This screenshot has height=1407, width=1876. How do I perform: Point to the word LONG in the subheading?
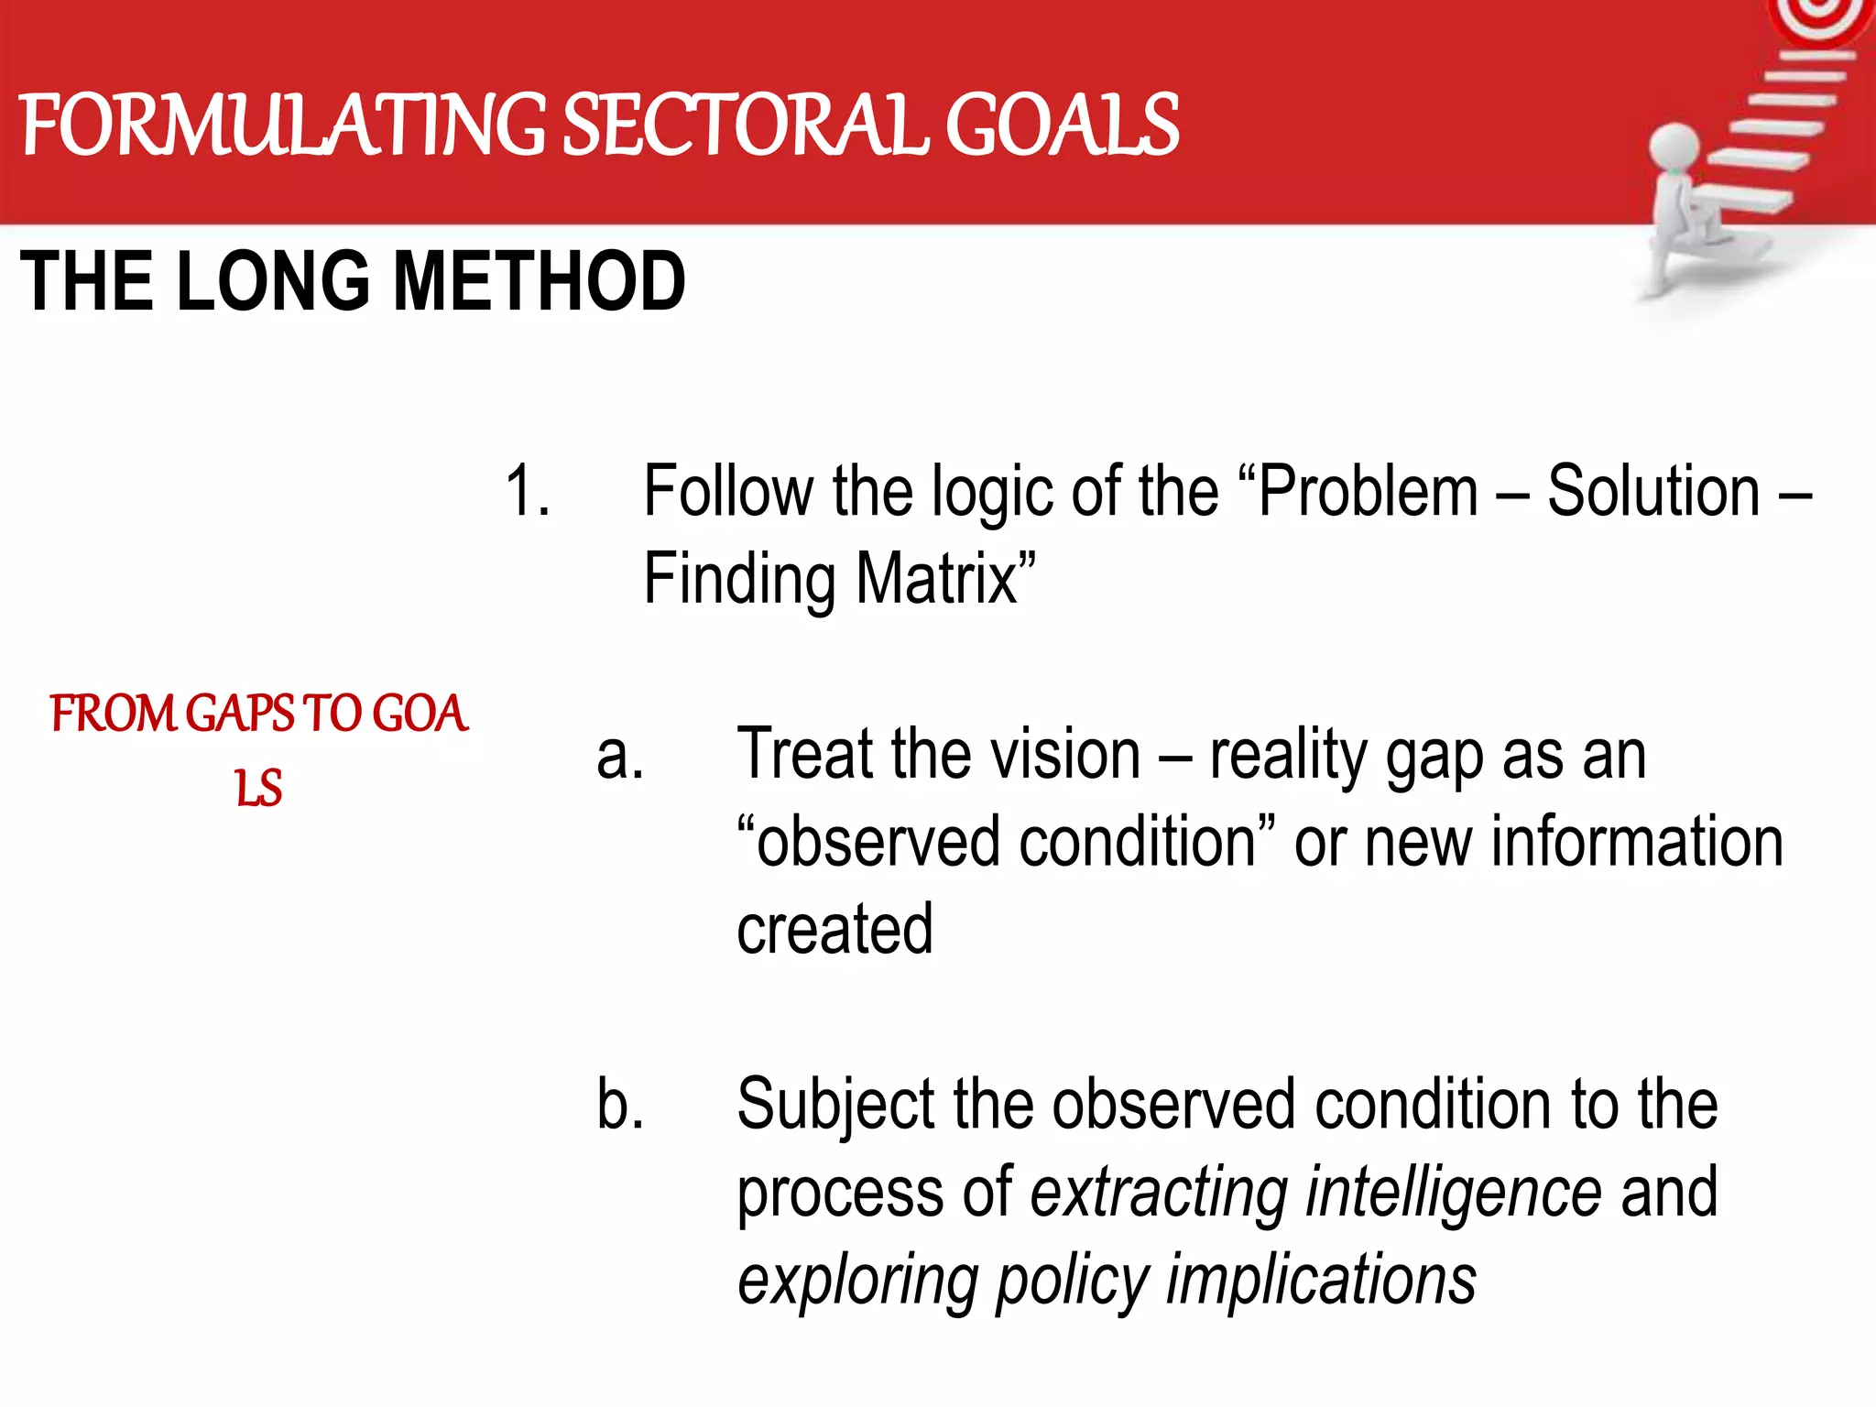pyautogui.click(x=274, y=281)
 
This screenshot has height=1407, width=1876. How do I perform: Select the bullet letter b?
pyautogui.click(x=619, y=1105)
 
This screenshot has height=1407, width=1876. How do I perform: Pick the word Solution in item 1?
pyautogui.click(x=1653, y=492)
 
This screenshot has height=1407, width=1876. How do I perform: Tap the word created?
pyautogui.click(x=834, y=930)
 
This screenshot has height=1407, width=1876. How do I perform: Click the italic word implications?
pyautogui.click(x=1320, y=1281)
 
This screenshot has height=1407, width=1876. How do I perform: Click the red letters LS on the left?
pyautogui.click(x=258, y=789)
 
